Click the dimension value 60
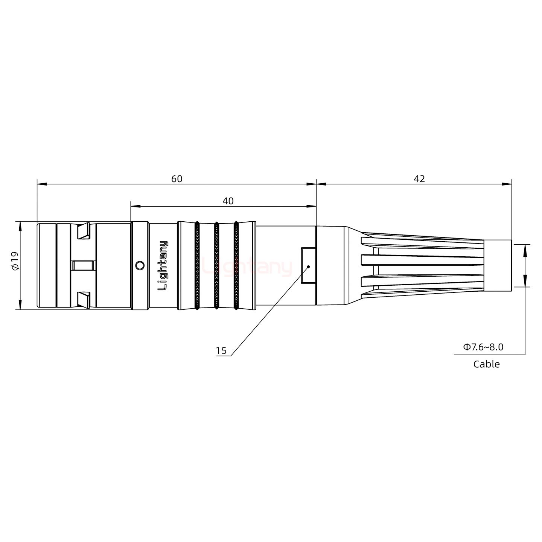[x=177, y=179]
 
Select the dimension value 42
[x=419, y=179]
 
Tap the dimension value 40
[x=228, y=201]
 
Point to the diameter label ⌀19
[x=15, y=261]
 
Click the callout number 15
[x=221, y=351]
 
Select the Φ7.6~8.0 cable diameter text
[x=483, y=347]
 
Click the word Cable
[x=486, y=364]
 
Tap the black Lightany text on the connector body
[x=163, y=265]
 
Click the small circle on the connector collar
[x=140, y=266]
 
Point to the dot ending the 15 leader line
[x=308, y=266]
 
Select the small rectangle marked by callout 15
[x=308, y=265]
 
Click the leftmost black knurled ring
[x=197, y=265]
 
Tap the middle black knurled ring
[x=216, y=265]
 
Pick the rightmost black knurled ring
[x=236, y=265]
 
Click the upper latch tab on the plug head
[x=83, y=231]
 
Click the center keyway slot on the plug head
[x=83, y=265]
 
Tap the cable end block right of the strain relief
[x=497, y=265]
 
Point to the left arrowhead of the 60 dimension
[x=41, y=184]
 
